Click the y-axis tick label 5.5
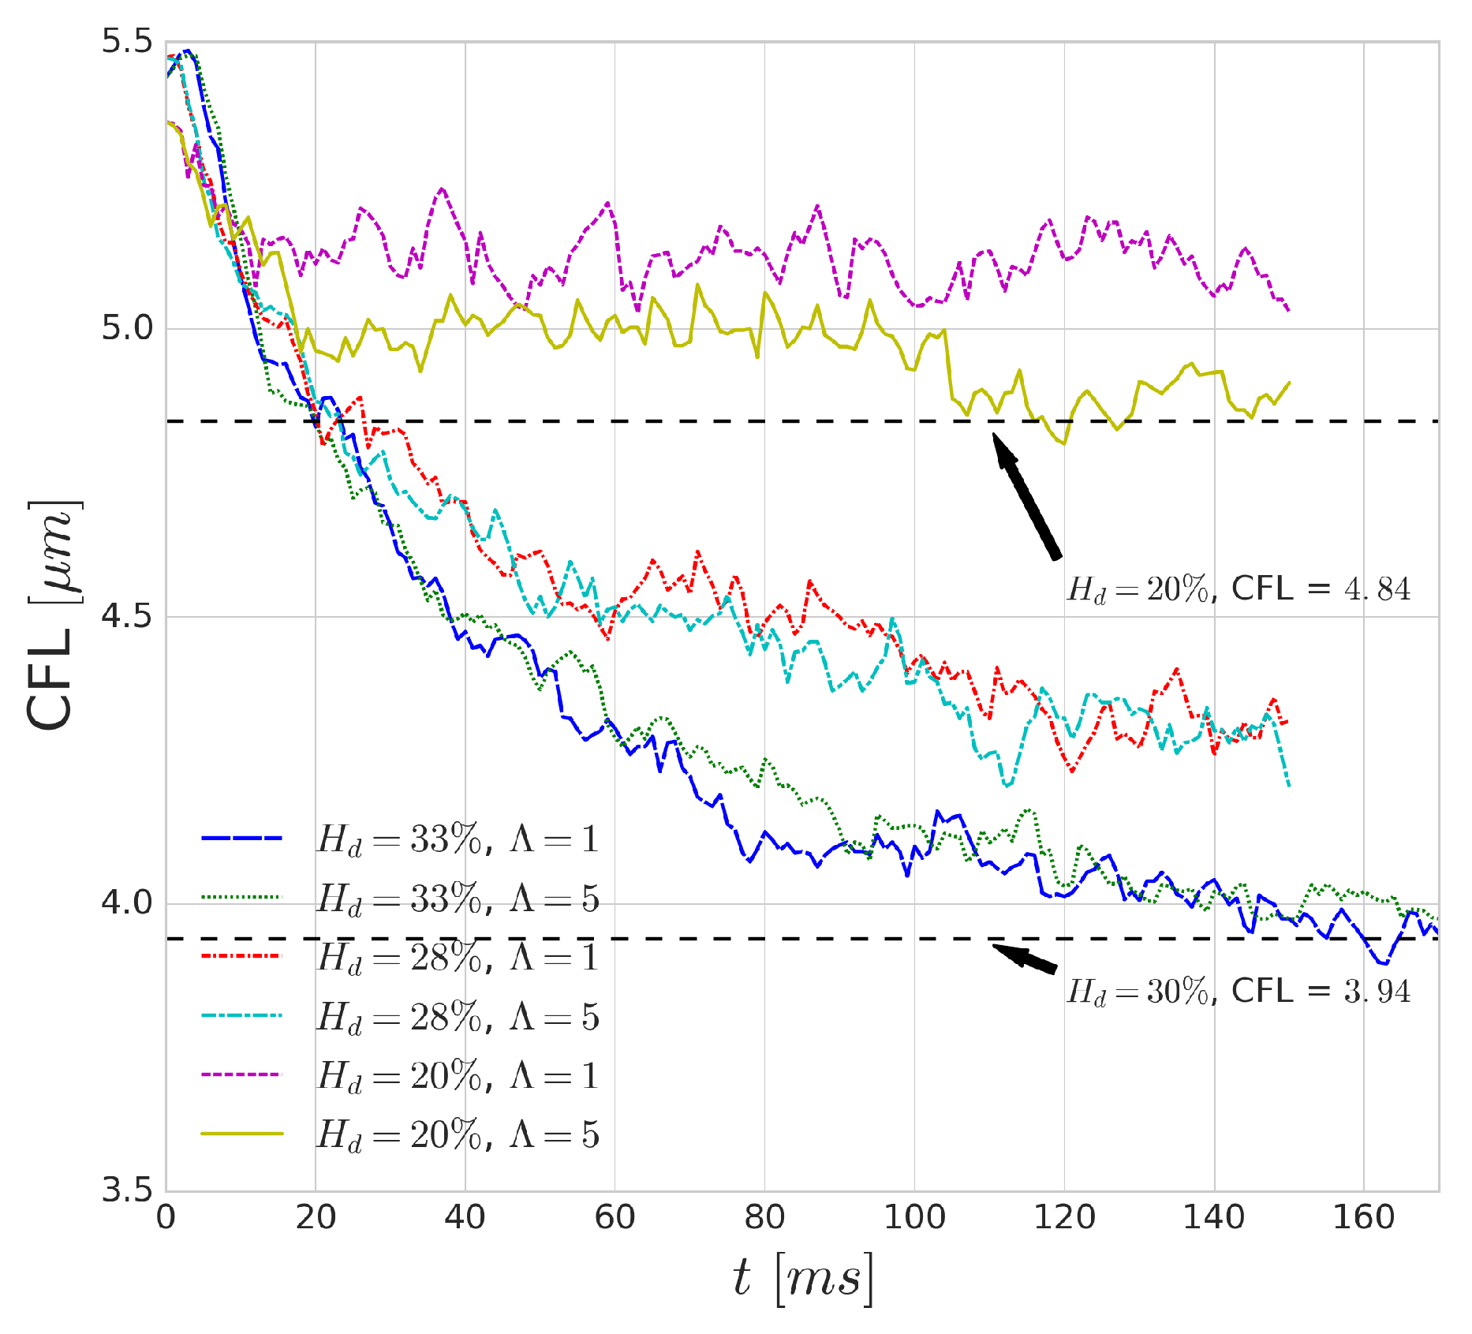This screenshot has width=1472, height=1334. click(126, 42)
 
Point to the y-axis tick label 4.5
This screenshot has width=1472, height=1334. click(126, 616)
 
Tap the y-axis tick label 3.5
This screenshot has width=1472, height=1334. click(126, 1190)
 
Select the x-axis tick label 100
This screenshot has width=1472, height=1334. click(914, 1218)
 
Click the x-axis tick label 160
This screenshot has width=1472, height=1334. click(1363, 1218)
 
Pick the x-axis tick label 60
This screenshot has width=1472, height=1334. click(615, 1218)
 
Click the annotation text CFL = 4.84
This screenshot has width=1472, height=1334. click(1321, 589)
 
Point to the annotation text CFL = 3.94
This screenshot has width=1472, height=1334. click(1321, 991)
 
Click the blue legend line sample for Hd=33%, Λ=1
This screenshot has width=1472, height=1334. click(241, 839)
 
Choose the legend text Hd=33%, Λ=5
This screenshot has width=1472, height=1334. click(458, 899)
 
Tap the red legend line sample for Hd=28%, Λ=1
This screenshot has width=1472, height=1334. click(241, 957)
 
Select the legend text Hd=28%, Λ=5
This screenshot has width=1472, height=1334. click(458, 1017)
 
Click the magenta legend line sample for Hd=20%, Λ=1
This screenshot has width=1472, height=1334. click(241, 1075)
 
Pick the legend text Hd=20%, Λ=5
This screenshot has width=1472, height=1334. click(458, 1134)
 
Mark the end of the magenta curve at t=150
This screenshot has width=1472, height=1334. click(1288, 310)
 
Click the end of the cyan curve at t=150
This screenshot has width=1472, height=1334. click(1288, 785)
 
